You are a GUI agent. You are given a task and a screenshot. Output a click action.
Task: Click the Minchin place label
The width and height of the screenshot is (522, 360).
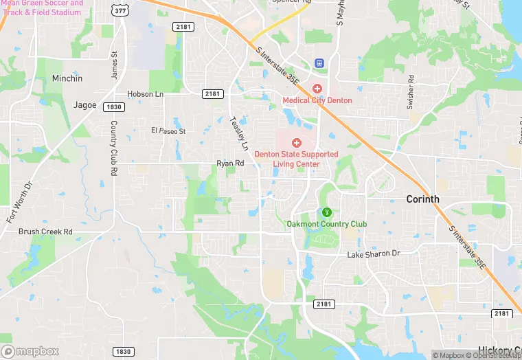67,78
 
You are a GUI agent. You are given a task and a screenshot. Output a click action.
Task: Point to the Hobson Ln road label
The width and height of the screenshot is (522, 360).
145,93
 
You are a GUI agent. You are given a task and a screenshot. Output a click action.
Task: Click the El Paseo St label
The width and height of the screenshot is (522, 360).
168,131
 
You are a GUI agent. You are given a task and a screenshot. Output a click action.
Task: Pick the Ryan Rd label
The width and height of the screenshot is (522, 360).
230,164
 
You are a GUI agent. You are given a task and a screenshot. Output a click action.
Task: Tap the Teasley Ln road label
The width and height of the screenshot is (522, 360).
238,133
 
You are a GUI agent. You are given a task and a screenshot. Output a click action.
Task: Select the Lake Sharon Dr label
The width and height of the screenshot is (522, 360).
373,254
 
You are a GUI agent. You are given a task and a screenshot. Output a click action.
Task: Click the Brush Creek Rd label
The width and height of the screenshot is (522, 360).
45,232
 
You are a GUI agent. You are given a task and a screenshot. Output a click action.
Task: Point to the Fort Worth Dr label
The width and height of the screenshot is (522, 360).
19,201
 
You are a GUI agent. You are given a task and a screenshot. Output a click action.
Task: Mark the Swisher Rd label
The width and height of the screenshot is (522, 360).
410,92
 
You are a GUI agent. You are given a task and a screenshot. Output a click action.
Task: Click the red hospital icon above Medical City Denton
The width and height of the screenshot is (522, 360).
317,89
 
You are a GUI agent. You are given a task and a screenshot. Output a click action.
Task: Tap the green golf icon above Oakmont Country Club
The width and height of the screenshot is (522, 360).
328,212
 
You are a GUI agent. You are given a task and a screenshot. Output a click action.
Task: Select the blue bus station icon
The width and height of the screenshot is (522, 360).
319,63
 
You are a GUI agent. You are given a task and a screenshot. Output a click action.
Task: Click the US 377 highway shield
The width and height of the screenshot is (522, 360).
122,9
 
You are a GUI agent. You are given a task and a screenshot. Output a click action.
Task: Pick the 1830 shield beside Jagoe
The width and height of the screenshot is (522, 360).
113,107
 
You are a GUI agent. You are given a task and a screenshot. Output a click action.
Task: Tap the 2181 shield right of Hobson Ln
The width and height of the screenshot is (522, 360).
213,93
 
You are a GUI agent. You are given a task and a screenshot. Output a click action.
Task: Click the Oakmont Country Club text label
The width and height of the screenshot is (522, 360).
326,224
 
